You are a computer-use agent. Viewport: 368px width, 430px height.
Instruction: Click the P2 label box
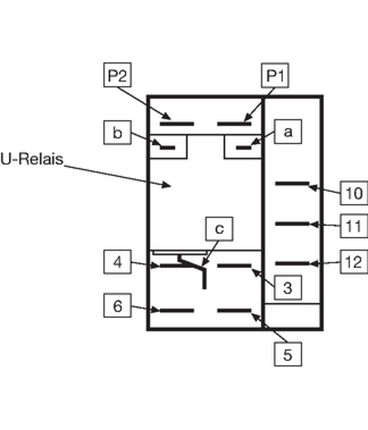coord(117,75)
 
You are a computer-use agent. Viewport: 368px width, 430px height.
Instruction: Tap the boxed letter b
coord(117,133)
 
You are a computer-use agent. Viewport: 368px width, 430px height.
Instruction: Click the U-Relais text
coord(32,159)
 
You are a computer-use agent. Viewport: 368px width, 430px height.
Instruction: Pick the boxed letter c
coord(219,228)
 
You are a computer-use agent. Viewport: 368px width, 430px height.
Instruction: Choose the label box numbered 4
coord(117,262)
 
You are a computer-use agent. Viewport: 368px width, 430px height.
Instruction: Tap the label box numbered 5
coord(287,354)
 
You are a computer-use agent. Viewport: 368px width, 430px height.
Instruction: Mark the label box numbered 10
coord(354,193)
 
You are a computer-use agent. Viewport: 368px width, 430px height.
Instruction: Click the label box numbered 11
coord(354,226)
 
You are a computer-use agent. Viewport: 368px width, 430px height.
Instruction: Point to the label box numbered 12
coord(354,262)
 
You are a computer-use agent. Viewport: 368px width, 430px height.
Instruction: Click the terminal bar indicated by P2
coord(177,124)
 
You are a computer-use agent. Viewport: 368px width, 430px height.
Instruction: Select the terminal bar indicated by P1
coord(234,124)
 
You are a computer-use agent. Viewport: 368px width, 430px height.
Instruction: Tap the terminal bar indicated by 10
coord(292,184)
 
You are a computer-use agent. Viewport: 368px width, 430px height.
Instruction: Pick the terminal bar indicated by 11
coord(292,224)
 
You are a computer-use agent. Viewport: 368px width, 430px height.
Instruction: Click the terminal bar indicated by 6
coord(177,310)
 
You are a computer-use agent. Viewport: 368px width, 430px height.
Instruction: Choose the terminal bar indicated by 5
coord(234,310)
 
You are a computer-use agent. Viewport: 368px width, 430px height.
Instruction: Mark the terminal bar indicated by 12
coord(292,264)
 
